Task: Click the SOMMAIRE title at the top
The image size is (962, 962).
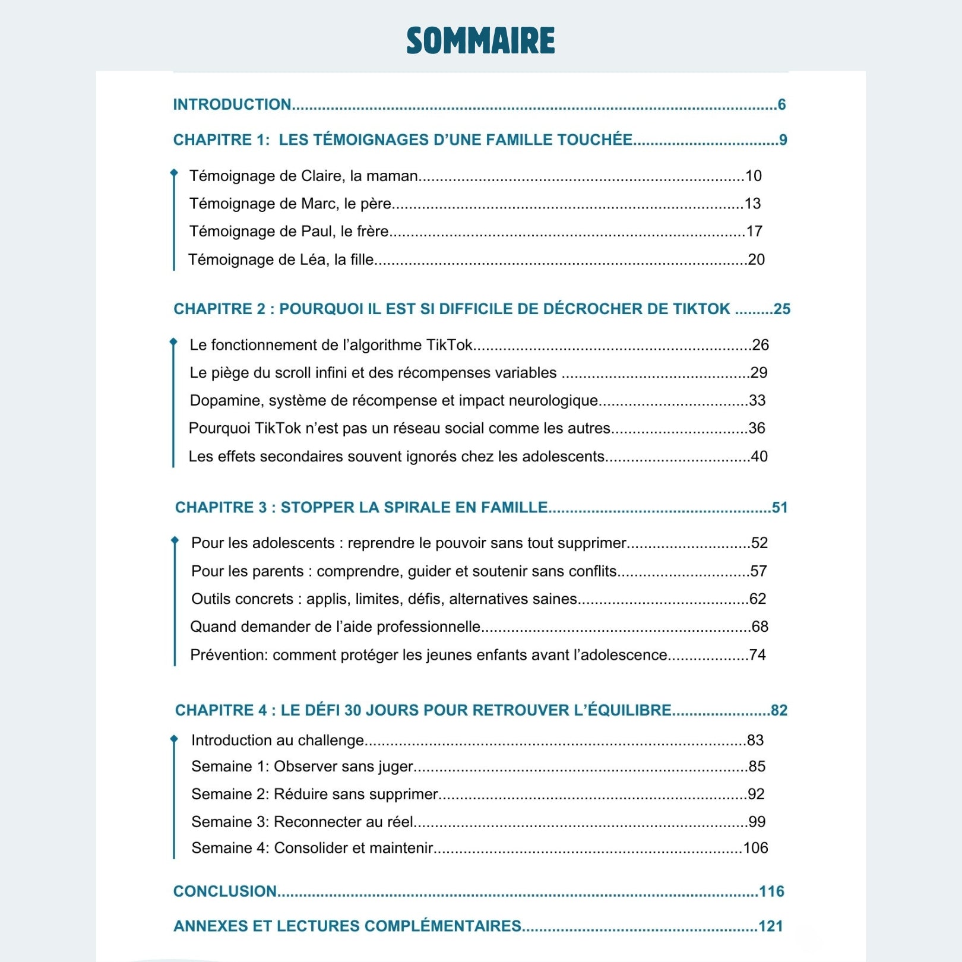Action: (480, 41)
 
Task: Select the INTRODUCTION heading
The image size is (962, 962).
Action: (232, 105)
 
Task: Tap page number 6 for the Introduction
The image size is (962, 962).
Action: (781, 105)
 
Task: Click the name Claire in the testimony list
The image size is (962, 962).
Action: (321, 176)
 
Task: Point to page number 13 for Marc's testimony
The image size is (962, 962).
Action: (752, 204)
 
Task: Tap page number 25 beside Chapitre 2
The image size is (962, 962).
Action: (781, 309)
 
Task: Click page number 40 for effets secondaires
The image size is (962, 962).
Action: (759, 456)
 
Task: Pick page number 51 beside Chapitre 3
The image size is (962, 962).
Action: (779, 507)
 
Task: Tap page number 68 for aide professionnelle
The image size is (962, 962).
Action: (760, 626)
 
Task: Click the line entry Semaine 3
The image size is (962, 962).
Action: (230, 821)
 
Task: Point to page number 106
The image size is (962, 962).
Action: (755, 847)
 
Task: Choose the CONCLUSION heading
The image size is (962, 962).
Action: (225, 891)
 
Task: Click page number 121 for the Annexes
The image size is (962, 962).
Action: (771, 926)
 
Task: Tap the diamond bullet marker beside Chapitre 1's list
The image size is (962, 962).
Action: (174, 173)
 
